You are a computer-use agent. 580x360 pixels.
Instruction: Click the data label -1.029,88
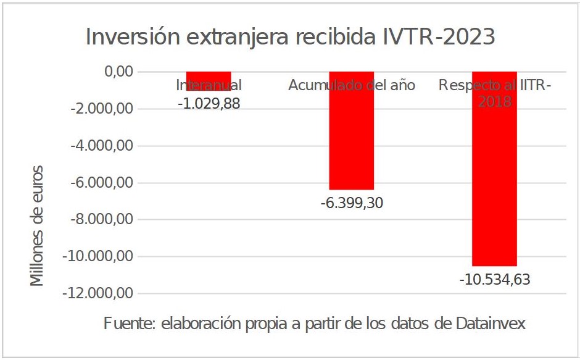(209, 104)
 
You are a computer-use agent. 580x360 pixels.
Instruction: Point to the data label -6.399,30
(352, 203)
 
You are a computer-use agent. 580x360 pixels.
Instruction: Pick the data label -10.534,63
(494, 280)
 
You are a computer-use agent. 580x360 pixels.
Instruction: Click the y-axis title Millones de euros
(38, 225)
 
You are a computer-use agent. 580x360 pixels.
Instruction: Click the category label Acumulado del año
(351, 85)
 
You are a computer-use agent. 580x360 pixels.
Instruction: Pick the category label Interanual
(209, 85)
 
